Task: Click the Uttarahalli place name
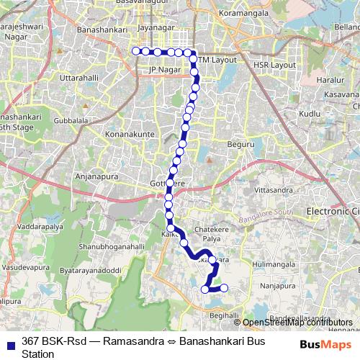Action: [80, 76]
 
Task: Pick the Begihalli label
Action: [222, 316]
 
